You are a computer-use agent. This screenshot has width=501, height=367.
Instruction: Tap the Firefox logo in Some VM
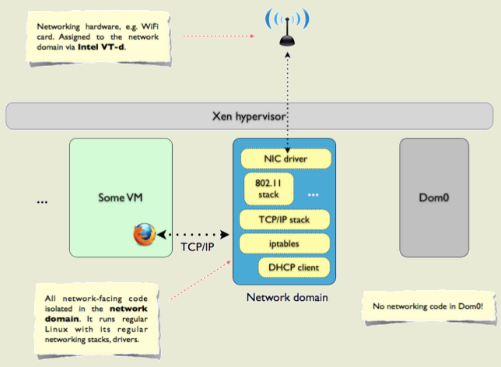[x=143, y=234]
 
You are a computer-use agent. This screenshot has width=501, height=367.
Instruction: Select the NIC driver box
[x=286, y=159]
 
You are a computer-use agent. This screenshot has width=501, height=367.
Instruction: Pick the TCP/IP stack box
[x=286, y=219]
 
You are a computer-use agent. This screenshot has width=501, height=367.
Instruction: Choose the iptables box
[x=286, y=243]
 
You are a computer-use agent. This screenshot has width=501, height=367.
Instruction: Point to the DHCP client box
[x=294, y=267]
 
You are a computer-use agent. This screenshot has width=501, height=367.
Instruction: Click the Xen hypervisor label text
[x=250, y=116]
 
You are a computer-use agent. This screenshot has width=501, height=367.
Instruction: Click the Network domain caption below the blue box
[x=285, y=297]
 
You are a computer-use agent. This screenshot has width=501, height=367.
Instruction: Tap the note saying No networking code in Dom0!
[x=427, y=306]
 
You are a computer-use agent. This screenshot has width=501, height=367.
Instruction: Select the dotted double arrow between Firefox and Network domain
[x=191, y=233]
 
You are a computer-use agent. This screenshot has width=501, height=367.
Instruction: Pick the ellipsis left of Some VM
[x=42, y=201]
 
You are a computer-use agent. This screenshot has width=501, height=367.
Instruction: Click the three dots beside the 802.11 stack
[x=313, y=193]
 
